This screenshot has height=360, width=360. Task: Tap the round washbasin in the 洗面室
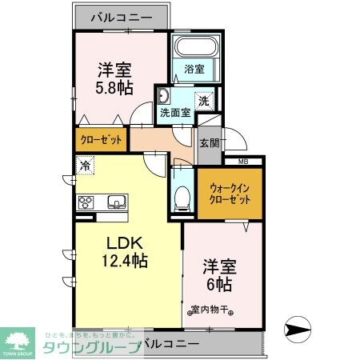click(x=164, y=97)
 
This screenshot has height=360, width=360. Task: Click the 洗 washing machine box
click(x=204, y=101)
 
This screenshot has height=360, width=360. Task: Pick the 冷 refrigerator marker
click(x=84, y=166)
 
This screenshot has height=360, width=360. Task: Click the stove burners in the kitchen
click(x=86, y=202)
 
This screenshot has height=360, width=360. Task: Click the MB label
click(x=243, y=161)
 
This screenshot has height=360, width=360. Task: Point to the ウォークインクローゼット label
click(x=230, y=194)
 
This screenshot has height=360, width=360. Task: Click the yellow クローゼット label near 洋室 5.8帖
click(x=102, y=140)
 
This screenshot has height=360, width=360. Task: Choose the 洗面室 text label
click(x=174, y=114)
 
